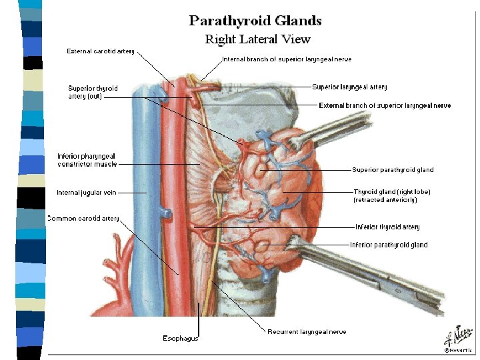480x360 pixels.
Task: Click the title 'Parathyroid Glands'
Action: pos(255,21)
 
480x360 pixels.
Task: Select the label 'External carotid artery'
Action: pos(99,51)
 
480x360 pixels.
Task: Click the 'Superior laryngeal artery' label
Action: pos(349,87)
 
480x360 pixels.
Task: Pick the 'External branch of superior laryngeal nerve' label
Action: pos(385,105)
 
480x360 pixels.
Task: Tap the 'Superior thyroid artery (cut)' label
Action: pos(93,92)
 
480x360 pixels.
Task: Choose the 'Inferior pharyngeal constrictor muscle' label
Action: pos(87,160)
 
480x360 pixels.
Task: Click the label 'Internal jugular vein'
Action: pos(86,193)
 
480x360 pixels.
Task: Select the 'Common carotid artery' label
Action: pos(83,218)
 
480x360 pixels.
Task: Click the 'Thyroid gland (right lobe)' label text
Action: pos(391,192)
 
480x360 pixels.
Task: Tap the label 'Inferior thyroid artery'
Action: pos(387,227)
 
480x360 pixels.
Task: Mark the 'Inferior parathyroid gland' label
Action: pos(389,245)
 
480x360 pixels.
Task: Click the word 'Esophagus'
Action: pos(181,338)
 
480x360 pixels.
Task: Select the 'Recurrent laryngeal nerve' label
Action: pos(307,331)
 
